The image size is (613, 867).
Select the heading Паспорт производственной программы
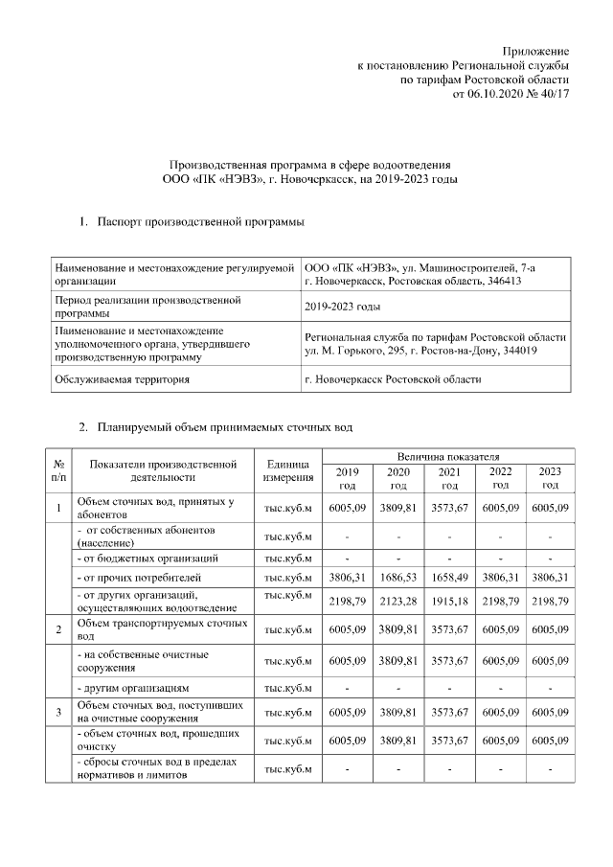(201, 222)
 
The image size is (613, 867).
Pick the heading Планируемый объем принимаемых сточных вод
(231, 425)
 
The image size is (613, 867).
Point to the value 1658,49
(448, 578)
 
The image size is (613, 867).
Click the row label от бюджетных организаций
(148, 557)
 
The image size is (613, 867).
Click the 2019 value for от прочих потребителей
(346, 578)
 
